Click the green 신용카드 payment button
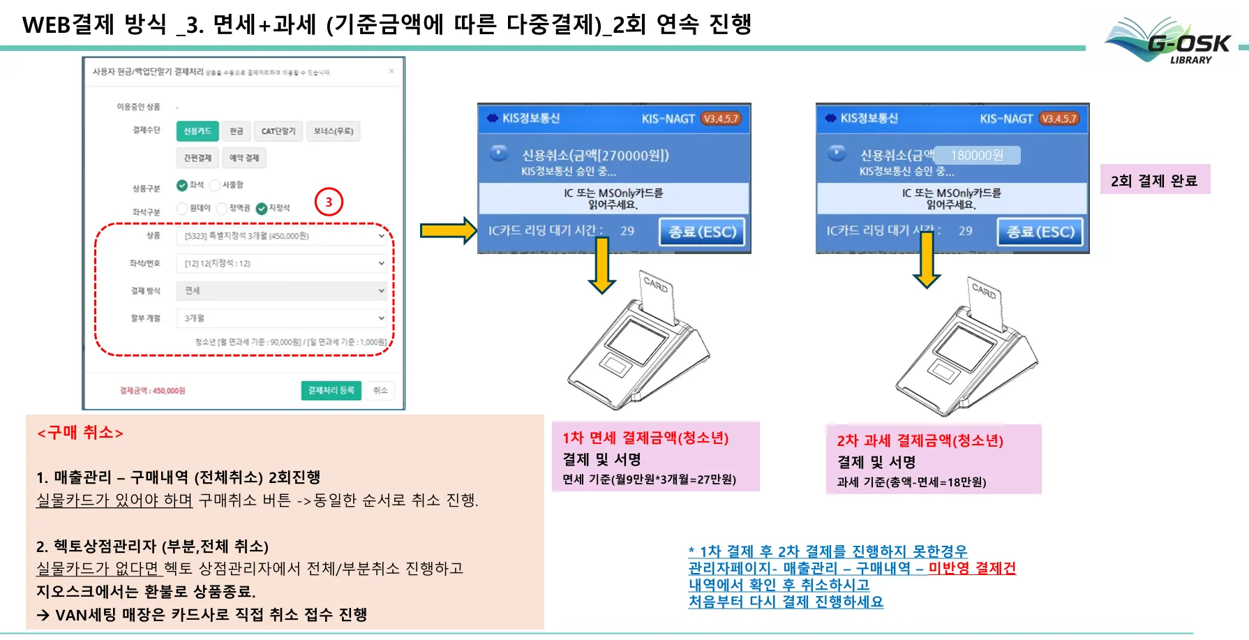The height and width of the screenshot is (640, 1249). coord(197,131)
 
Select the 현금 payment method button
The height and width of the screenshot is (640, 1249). coord(237,131)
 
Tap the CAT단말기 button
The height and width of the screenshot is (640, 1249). coord(278,131)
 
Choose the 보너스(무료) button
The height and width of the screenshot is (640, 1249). coord(334,131)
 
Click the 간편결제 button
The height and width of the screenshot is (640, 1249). coord(197,158)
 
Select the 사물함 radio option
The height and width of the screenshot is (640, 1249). coord(215,185)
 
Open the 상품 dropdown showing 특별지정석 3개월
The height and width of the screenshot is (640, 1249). coord(282,236)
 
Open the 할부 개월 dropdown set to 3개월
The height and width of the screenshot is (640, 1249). coord(282,318)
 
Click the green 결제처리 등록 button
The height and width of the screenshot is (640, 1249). coord(331,391)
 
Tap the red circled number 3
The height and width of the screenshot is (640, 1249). coord(329,202)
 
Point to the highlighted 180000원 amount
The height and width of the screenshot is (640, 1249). coord(977,155)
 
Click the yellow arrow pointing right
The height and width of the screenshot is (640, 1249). coord(447,230)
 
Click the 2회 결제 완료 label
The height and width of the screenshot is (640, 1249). coord(1154,181)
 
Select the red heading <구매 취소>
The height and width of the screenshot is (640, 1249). coord(80,433)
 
